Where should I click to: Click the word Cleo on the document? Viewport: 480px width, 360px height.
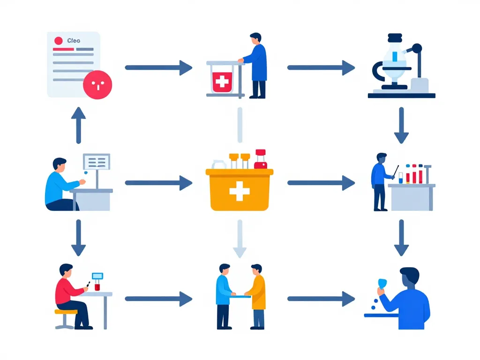[x=74, y=41]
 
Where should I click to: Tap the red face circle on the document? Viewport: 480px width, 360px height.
[x=97, y=84]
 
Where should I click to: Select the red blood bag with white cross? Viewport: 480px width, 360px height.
[x=221, y=82]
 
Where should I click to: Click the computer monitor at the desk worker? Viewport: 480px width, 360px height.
[x=97, y=162]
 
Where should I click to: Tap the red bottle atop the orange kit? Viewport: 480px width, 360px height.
[x=260, y=159]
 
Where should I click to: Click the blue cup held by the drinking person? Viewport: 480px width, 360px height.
[x=382, y=283]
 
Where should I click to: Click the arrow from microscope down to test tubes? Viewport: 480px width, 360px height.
[x=401, y=125]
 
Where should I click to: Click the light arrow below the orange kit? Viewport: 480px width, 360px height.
[x=240, y=239]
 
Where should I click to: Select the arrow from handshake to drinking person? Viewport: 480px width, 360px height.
[x=321, y=299]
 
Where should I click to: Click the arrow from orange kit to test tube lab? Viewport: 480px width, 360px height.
[x=321, y=183]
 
